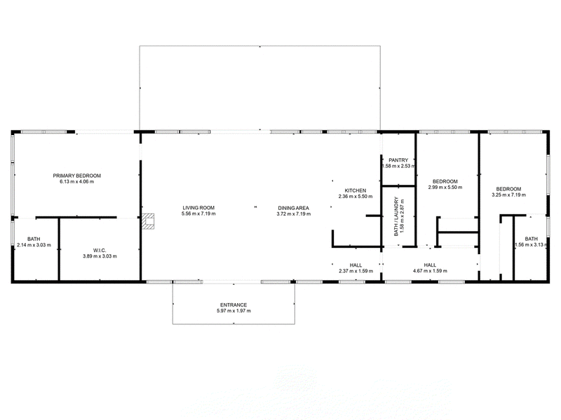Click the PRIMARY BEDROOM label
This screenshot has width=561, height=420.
point(77,176)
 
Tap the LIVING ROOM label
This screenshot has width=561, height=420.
point(198,208)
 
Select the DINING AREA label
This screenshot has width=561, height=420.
point(293,208)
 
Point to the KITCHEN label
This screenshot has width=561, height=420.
point(356,190)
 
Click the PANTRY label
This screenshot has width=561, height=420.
point(398,160)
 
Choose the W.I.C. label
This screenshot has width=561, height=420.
point(100,251)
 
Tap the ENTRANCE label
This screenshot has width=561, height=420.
point(234,305)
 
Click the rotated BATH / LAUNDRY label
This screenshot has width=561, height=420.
point(396,216)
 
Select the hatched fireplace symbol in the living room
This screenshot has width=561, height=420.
point(148,221)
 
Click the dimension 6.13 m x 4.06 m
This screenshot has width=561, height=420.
point(77,181)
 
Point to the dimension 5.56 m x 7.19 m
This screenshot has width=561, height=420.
point(198,213)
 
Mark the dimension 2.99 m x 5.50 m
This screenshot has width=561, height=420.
point(445,187)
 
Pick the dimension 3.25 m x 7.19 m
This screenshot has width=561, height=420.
point(509,195)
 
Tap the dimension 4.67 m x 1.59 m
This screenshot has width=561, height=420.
point(430,271)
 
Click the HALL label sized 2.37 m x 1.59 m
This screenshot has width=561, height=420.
point(356,265)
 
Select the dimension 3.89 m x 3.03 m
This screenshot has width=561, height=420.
point(100,256)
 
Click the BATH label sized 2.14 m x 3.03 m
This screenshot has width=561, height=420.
point(34,239)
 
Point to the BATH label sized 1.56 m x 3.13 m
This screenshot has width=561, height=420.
point(532,239)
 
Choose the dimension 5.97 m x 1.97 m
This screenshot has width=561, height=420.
point(234,311)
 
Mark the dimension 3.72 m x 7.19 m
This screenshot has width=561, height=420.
point(294,214)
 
